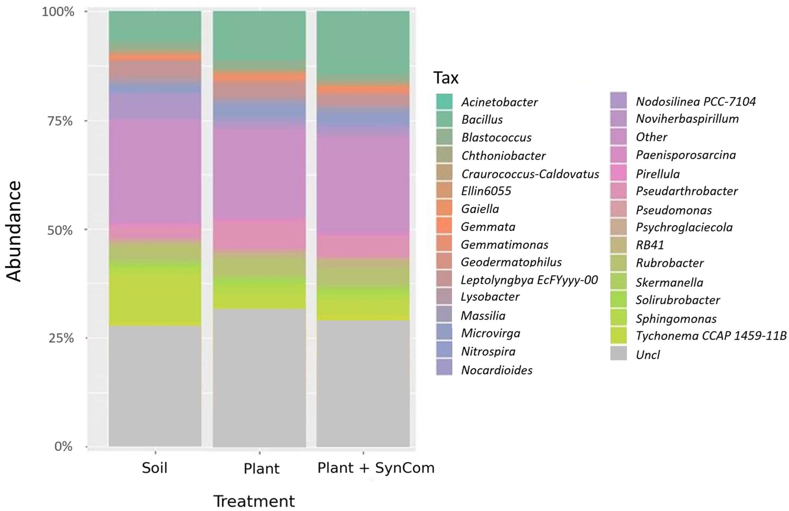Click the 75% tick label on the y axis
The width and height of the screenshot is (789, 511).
click(x=60, y=121)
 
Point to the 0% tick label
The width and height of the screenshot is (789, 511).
click(x=63, y=446)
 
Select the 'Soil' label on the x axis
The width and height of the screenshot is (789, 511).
click(x=154, y=468)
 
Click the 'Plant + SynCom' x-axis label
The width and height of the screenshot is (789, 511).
click(x=376, y=468)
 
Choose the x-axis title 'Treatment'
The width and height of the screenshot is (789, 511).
click(x=254, y=501)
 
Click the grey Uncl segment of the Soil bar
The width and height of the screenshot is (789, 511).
click(x=155, y=386)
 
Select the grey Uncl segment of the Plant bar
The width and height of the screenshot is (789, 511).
click(x=259, y=378)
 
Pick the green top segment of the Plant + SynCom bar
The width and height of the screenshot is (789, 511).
click(x=363, y=43)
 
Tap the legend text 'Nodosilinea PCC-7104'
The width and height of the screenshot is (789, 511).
click(x=696, y=101)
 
